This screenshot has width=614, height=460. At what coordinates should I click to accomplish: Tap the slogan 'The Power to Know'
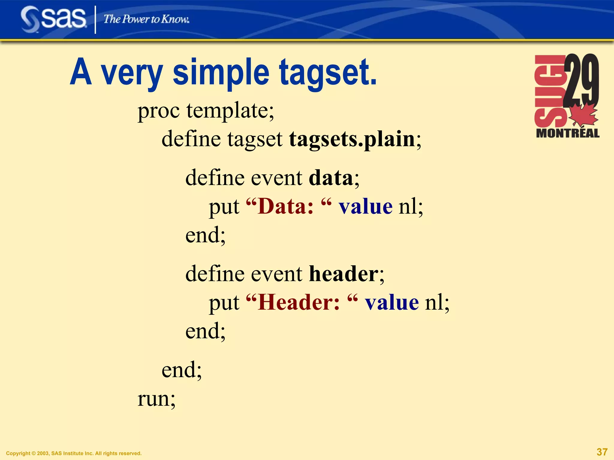tap(146, 19)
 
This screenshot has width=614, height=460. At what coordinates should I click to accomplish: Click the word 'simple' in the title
tap(221, 73)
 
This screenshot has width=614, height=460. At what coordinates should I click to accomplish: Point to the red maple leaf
tap(583, 116)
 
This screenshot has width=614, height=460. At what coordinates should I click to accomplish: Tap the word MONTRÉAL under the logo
tap(568, 133)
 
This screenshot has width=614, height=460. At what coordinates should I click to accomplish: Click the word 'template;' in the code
tap(230, 111)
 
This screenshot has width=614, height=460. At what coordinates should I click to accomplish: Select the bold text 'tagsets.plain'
tap(352, 139)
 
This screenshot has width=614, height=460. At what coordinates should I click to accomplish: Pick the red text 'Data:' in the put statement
tap(286, 207)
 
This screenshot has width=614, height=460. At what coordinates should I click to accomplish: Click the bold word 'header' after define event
tap(344, 274)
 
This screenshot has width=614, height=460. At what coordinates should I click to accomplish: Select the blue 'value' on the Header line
tap(392, 302)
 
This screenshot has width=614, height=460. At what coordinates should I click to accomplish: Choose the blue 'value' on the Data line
tap(365, 207)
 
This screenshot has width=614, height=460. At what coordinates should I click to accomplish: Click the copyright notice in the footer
tap(74, 453)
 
